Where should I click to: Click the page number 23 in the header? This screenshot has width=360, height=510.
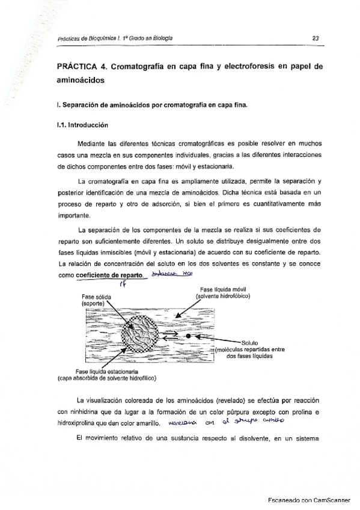(x=315, y=38)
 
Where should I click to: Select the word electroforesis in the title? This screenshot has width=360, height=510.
(x=243, y=67)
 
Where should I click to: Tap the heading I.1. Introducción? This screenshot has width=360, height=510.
(x=82, y=126)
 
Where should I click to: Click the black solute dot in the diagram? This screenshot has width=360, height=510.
(x=188, y=335)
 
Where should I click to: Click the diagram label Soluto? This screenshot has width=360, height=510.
(x=248, y=343)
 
